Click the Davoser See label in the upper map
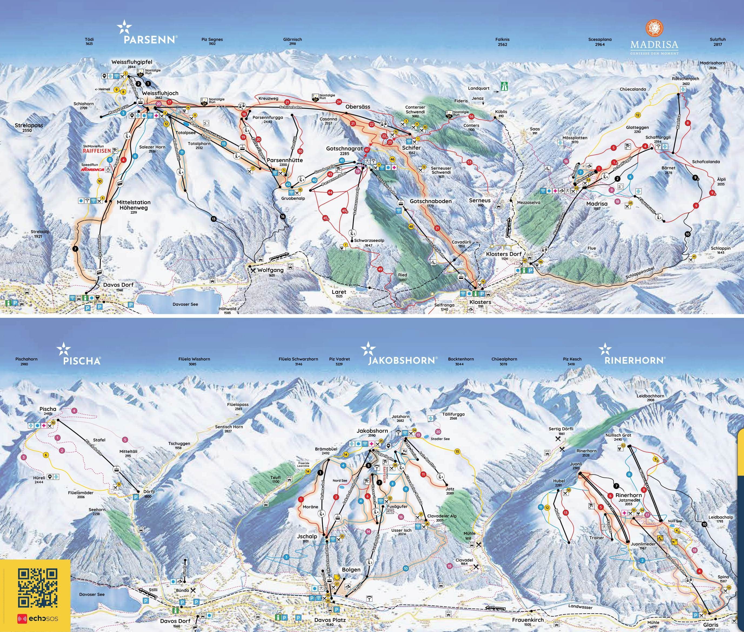point(185,304)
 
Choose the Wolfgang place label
point(270,270)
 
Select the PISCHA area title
point(82,361)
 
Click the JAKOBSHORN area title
point(402,360)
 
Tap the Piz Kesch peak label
point(572,359)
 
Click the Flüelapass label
point(238,404)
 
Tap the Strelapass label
point(29,125)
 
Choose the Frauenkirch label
point(528,620)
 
